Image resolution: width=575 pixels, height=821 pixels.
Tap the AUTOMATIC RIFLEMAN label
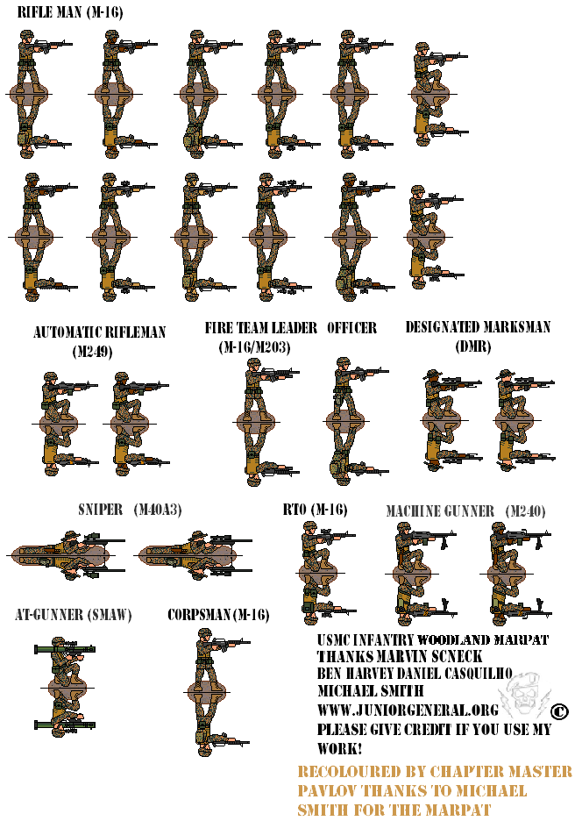point(99,333)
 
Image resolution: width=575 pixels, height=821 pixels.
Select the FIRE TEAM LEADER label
point(260,328)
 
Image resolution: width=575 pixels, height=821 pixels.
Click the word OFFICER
point(351,328)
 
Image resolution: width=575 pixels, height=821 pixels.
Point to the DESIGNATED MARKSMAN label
point(478,327)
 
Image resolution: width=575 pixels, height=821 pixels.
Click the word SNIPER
point(99,510)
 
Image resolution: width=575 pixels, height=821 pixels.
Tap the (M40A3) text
point(158,510)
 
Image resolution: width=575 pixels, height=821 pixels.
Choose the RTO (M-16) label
point(315,510)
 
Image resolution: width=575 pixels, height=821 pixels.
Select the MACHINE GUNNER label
point(440,511)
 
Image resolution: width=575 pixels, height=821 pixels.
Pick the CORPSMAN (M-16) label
point(218,615)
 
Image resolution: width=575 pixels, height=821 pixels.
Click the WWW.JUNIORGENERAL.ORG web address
point(408,709)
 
